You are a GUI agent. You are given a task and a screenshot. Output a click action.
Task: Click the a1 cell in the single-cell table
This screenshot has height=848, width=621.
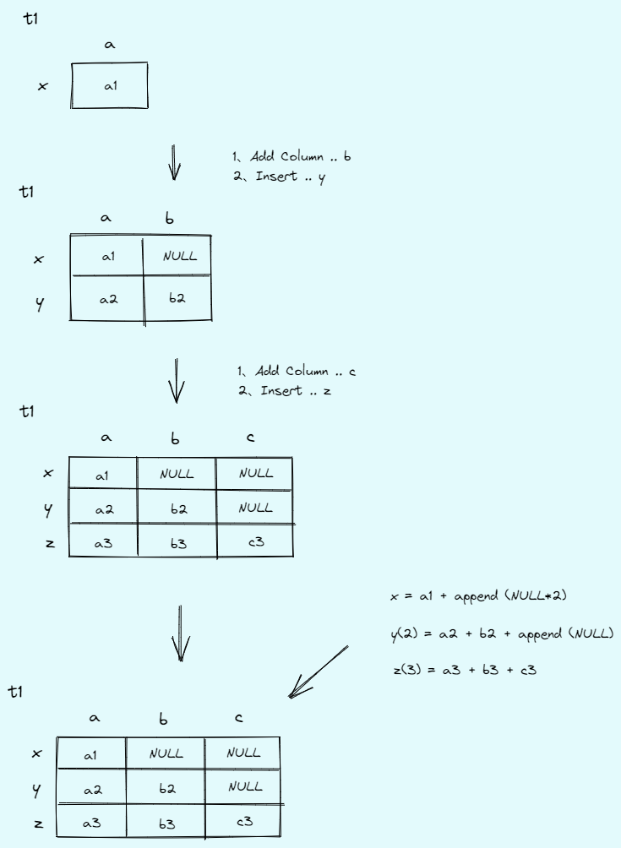(x=110, y=85)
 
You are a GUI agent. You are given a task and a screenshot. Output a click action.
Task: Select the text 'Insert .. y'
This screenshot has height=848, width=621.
(x=288, y=177)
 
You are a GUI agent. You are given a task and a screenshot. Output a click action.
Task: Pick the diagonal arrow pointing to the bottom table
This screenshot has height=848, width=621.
(x=318, y=672)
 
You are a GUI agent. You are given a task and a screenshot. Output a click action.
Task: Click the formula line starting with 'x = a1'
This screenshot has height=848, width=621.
(x=478, y=595)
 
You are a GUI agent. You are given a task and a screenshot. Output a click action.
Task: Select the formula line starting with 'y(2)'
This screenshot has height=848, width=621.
(x=502, y=633)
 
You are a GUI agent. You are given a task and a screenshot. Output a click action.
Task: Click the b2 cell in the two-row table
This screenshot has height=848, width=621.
(x=177, y=298)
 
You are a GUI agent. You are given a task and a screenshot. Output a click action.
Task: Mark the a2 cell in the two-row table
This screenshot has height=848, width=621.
(x=108, y=298)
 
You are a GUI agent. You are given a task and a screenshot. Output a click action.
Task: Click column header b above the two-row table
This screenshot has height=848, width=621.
(x=171, y=219)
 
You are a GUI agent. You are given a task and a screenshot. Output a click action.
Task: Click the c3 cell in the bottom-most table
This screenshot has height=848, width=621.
(x=245, y=820)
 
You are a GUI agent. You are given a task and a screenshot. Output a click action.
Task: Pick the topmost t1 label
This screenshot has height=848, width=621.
(x=32, y=19)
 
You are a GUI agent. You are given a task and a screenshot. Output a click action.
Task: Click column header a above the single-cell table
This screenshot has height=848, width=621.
(x=109, y=45)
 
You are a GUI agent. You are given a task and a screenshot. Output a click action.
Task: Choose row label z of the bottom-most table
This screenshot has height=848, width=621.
(x=38, y=822)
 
